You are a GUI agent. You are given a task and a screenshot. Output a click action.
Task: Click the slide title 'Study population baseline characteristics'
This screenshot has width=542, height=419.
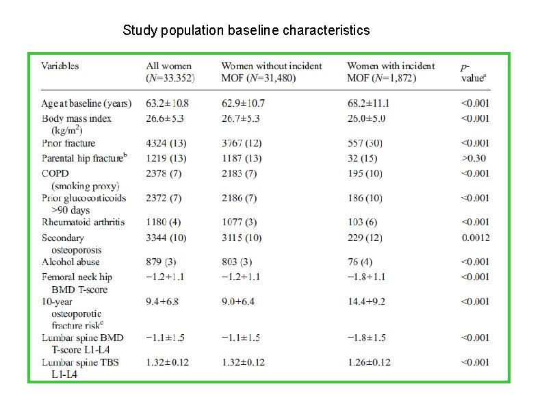coord(246,31)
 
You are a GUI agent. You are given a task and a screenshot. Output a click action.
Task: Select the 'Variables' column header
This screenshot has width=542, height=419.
coord(60,66)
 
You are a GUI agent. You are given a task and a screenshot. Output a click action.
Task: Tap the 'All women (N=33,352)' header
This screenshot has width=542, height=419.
coord(170,72)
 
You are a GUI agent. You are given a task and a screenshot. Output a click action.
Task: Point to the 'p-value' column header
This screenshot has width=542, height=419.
coord(473,73)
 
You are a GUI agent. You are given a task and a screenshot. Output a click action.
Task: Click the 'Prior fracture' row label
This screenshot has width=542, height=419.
coord(68,143)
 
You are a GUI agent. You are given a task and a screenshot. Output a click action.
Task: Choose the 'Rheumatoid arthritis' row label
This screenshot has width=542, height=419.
coord(83,222)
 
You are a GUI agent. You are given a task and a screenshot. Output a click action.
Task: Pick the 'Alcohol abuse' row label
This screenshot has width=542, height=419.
coord(70,262)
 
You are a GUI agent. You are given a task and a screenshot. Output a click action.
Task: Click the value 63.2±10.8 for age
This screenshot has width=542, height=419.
coord(168,104)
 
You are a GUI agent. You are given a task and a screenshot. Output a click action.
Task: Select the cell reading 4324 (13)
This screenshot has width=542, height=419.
coord(164,143)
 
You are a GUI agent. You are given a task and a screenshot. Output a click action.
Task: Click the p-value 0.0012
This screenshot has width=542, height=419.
coord(475,238)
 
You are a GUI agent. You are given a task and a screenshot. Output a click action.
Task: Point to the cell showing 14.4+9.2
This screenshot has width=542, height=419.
coord(367,301)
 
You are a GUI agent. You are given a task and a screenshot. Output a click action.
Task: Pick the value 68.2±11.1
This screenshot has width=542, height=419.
coord(368,104)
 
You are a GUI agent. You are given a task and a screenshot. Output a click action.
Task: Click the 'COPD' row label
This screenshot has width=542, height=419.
coord(55,173)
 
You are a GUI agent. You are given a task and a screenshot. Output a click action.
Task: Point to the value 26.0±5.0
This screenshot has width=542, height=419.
coord(366,118)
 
